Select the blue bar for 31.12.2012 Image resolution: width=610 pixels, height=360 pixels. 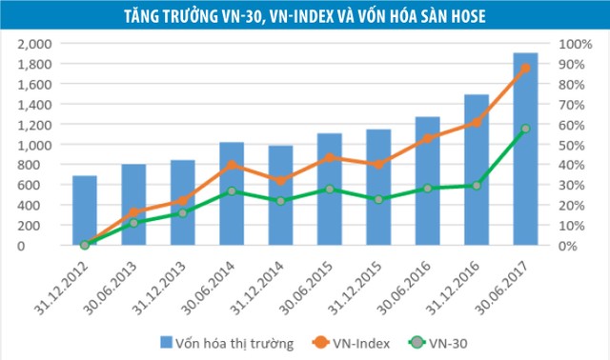(x=85, y=210)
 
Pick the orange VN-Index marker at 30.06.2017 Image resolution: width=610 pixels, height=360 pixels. (x=524, y=69)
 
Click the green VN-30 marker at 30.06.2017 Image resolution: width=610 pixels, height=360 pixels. (x=524, y=129)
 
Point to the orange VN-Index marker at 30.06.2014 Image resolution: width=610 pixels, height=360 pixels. (x=232, y=165)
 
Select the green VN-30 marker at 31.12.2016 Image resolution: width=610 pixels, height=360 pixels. (x=476, y=186)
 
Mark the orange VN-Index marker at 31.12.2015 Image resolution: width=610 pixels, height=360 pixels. (x=378, y=164)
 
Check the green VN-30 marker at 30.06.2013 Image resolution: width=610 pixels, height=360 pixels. (x=133, y=223)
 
